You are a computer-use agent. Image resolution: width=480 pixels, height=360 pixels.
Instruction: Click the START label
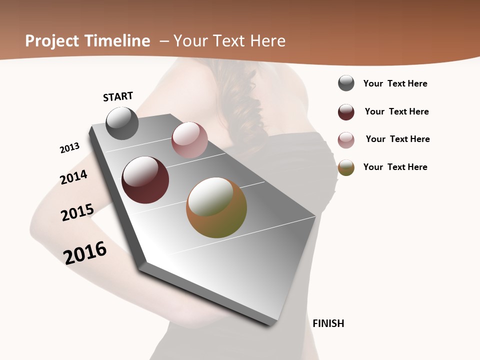click(x=118, y=96)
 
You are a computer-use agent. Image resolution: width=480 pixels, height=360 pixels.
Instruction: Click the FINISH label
click(x=328, y=323)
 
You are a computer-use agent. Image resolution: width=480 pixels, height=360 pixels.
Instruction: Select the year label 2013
click(x=69, y=148)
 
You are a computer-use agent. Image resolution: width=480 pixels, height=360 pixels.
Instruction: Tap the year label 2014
click(x=73, y=177)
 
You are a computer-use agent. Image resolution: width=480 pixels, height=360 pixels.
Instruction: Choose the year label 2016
click(x=85, y=252)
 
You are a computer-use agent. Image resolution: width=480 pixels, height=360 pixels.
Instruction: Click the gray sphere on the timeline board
click(x=122, y=123)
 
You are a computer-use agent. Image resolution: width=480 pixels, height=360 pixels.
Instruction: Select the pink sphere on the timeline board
click(x=189, y=140)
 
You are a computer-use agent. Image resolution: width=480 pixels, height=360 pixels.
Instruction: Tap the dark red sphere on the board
click(x=145, y=180)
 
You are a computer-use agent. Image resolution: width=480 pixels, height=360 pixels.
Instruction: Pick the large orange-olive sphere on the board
click(x=216, y=207)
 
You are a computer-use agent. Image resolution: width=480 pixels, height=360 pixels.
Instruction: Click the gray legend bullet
click(x=346, y=83)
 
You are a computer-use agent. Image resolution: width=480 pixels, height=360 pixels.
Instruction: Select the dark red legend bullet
click(x=346, y=111)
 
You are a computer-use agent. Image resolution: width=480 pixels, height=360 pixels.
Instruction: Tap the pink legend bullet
click(x=346, y=139)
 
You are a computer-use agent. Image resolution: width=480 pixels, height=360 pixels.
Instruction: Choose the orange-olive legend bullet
click(x=346, y=167)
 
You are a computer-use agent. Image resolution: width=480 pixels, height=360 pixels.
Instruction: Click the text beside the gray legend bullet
click(x=395, y=83)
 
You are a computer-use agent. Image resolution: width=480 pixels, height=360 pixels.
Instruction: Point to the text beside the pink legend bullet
click(x=397, y=139)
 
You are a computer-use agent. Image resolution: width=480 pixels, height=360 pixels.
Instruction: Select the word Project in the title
click(x=52, y=41)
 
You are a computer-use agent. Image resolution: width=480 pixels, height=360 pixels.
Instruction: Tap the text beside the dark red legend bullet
click(x=396, y=111)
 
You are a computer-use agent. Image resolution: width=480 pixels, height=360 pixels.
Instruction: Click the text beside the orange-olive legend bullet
click(x=395, y=167)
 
